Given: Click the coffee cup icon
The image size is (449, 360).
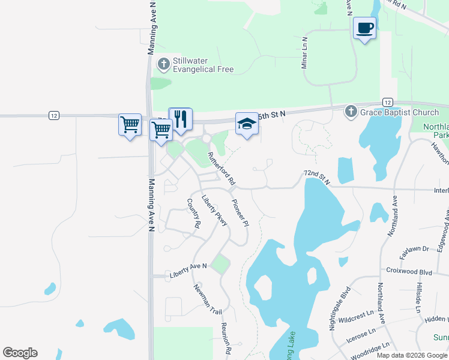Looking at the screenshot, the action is pyautogui.click(x=365, y=28).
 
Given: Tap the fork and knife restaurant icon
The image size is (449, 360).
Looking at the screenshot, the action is pyautogui.click(x=180, y=118).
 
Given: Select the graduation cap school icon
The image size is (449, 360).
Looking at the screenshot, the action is pyautogui.click(x=246, y=124).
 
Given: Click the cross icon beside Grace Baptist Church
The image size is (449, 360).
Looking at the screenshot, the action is pyautogui.click(x=351, y=112).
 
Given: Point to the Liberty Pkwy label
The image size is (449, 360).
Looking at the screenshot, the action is pyautogui.click(x=214, y=210).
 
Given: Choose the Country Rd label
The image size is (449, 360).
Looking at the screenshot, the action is pyautogui.click(x=193, y=213).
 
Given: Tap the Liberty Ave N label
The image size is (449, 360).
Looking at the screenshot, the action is pyautogui.click(x=188, y=269).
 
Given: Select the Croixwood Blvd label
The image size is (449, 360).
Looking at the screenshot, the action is pyautogui.click(x=409, y=271).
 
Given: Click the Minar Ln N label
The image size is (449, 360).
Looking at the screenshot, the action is pyautogui.click(x=304, y=52).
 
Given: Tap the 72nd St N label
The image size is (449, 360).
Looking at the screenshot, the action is pyautogui.click(x=317, y=176).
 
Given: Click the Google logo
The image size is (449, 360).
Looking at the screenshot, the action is pyautogui.click(x=20, y=353).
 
